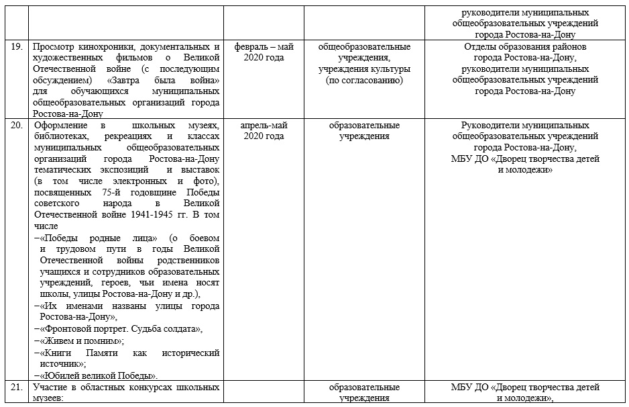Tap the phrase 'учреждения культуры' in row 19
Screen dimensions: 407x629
tap(364, 69)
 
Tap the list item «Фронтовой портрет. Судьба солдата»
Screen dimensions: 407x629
tap(121, 329)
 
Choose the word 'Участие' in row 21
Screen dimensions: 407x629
tap(52, 388)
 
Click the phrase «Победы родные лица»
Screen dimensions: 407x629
tap(99, 238)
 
